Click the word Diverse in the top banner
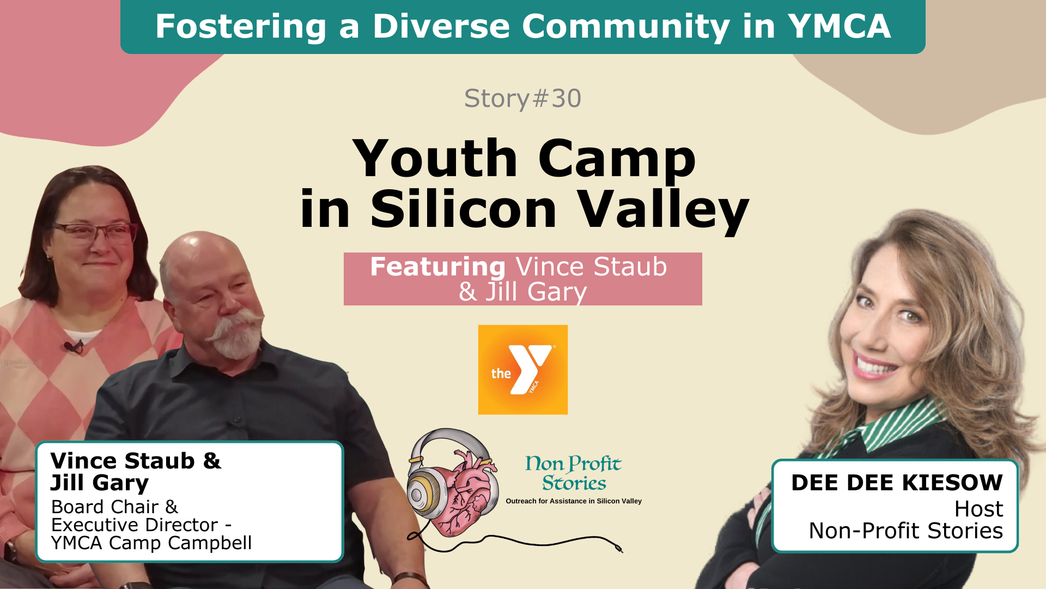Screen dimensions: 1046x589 coord(441,26)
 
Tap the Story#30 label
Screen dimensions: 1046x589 coord(522,99)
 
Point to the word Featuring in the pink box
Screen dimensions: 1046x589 coord(438,267)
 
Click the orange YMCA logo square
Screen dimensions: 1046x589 coord(523,370)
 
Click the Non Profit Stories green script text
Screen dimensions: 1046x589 coord(574,473)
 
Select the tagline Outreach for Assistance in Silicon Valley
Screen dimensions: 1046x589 coord(574,501)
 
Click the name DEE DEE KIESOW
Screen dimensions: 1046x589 coord(897,483)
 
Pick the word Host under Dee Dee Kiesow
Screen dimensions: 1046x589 coord(979,509)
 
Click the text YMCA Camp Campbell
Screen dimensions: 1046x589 coord(151,543)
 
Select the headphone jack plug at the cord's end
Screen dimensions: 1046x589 coord(619,548)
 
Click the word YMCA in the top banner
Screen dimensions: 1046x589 coord(839,26)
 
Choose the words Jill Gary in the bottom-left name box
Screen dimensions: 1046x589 coord(100,483)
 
